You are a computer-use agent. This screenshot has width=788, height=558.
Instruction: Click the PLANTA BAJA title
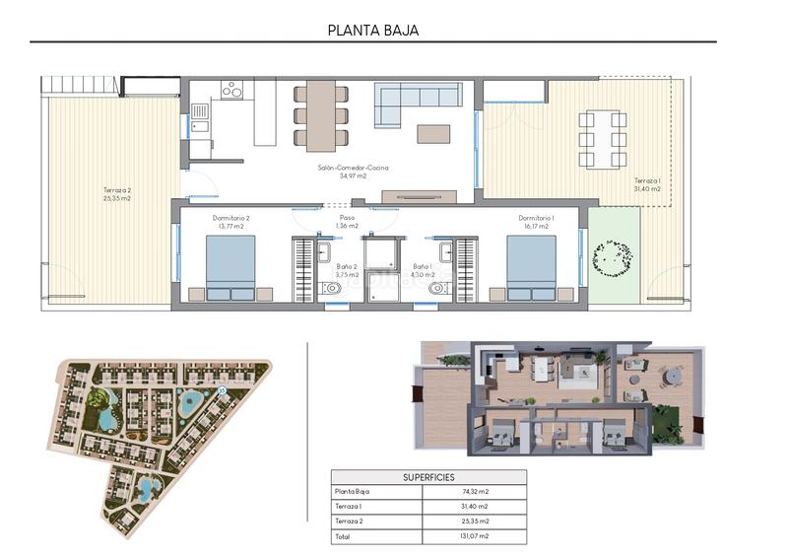point(373,30)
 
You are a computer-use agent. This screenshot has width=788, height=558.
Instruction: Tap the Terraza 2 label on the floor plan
point(116,194)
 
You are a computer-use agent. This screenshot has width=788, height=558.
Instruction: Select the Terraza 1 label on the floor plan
point(647,184)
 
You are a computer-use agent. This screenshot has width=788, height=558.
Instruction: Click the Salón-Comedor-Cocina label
point(341,173)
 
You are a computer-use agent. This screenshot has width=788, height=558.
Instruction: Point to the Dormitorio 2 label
point(230,222)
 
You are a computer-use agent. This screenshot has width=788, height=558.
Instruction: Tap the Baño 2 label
point(347,271)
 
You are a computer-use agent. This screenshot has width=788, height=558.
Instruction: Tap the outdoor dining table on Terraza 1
point(603,139)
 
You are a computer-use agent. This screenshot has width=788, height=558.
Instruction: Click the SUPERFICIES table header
point(428,477)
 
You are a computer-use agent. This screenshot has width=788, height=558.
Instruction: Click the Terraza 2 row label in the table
point(351,522)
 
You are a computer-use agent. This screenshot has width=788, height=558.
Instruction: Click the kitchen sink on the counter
point(200,111)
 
